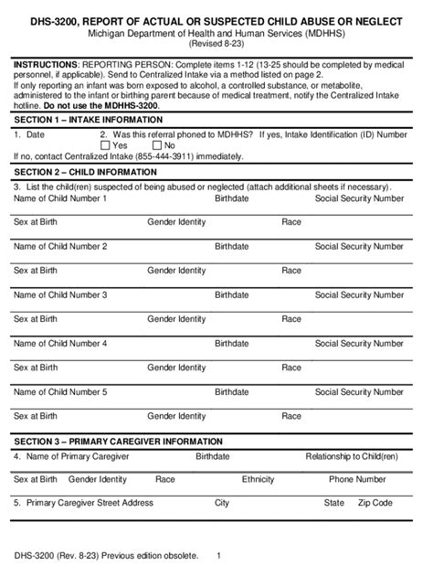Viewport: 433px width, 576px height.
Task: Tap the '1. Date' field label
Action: pos(30,133)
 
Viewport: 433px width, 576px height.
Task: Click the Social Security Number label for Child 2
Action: pos(359,247)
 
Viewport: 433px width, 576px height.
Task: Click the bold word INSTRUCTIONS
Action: pos(47,67)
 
